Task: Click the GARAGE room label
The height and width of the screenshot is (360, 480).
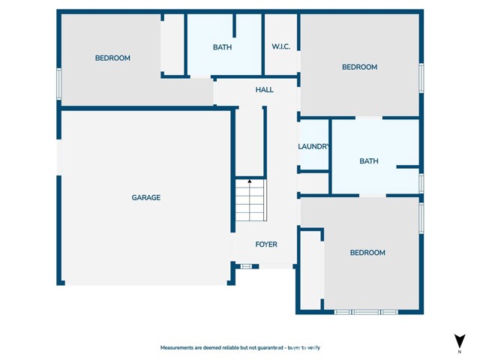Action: [146, 197]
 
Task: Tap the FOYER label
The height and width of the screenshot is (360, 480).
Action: [266, 244]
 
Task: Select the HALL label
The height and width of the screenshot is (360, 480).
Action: [265, 90]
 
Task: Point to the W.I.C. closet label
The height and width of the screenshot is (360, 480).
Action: [281, 46]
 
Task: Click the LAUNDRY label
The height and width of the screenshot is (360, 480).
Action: [313, 147]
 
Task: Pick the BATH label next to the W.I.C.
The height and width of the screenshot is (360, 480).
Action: [222, 47]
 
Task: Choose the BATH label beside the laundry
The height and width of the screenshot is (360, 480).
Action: [369, 161]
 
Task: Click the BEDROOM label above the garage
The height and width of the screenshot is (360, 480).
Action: [112, 58]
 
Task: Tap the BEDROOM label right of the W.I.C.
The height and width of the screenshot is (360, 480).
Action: [360, 67]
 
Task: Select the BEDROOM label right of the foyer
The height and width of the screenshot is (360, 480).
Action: [367, 253]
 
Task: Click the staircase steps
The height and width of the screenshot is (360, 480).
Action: [250, 200]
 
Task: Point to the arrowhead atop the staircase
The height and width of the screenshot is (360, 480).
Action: [250, 181]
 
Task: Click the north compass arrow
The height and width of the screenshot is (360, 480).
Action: [460, 341]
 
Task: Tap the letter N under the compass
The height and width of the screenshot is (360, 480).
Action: [460, 352]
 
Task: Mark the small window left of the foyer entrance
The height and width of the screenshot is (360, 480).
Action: [246, 267]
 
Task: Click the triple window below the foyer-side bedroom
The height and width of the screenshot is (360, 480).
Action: [366, 312]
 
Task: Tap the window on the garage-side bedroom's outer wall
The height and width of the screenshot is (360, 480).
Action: [59, 84]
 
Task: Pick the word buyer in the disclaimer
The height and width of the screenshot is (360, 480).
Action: [293, 348]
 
